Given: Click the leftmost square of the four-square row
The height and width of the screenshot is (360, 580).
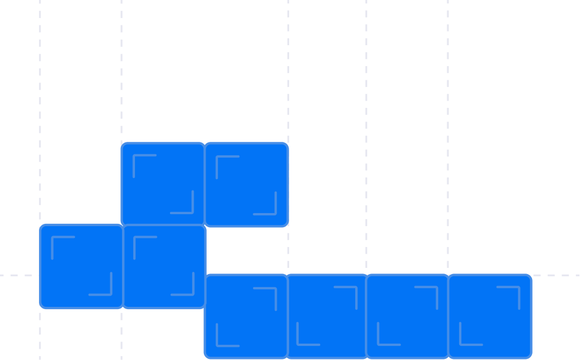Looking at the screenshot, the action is point(246,316).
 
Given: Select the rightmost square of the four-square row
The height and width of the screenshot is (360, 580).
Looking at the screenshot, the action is point(490,316).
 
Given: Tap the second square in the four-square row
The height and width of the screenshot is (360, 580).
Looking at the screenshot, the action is point(328,316).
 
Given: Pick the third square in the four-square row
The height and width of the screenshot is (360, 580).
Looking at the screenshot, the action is point(408,316).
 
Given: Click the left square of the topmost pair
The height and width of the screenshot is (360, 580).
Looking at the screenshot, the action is point(163,184).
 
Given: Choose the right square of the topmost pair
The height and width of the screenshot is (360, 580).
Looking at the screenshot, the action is point(246,184).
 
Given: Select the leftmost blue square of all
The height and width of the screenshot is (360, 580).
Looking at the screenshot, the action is point(81,266).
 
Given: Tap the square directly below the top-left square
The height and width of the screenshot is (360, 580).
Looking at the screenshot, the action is point(164,266).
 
